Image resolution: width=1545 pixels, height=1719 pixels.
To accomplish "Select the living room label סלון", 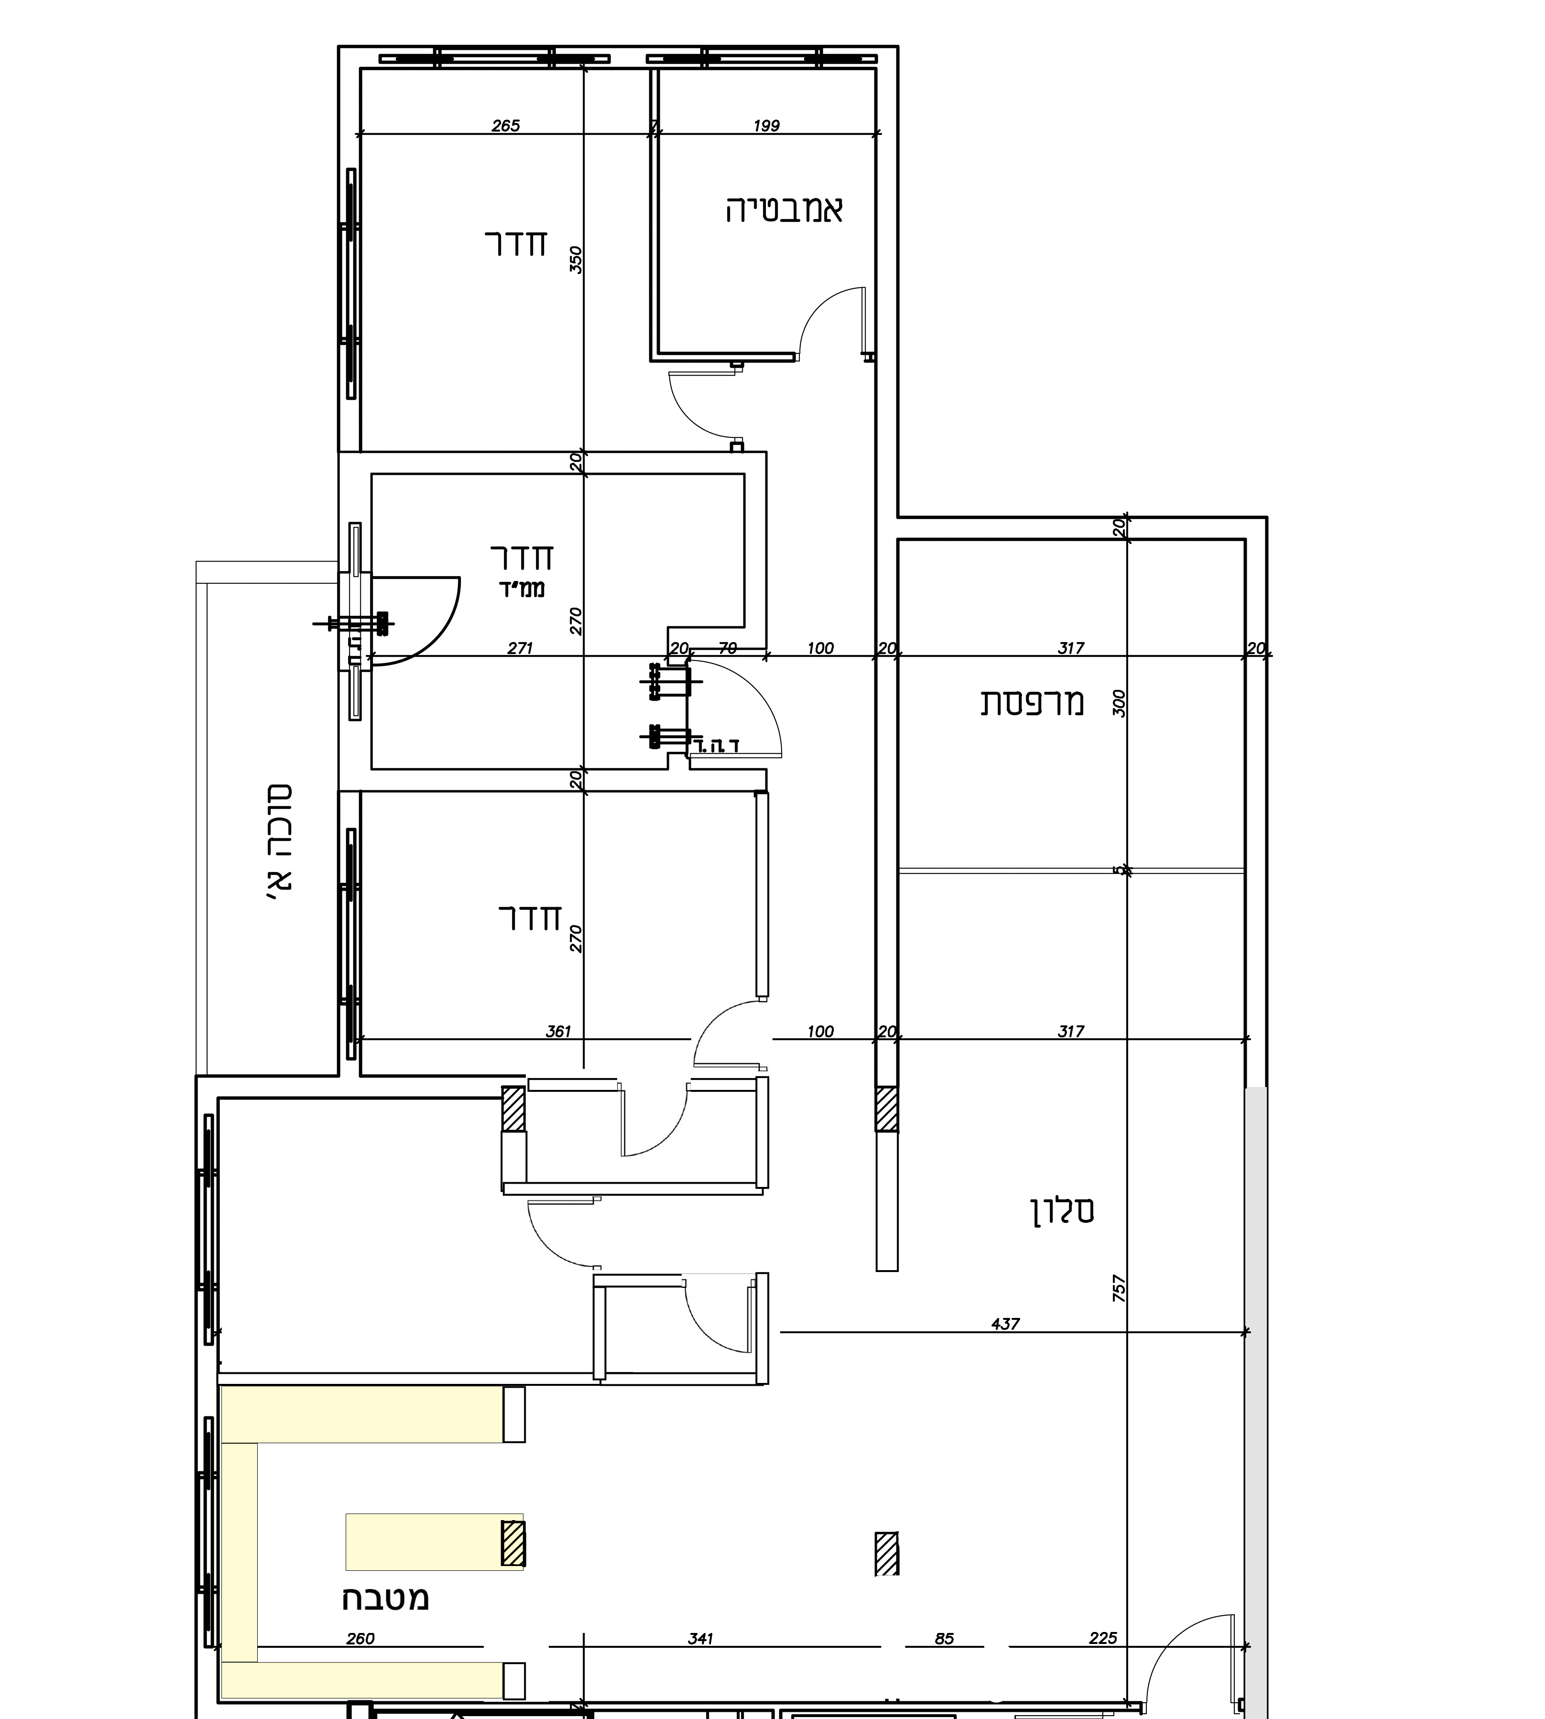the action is pos(1062,1210).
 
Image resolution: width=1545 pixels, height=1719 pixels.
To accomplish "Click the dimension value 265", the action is pos(505,126).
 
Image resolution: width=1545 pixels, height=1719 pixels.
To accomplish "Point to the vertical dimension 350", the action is pos(576,260).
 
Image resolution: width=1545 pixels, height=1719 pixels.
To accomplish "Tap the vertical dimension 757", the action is pos(1119,1289).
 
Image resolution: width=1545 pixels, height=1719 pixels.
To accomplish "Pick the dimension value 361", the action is pos(558,1032).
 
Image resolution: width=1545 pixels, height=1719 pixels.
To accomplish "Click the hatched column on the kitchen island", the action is pos(513,1543).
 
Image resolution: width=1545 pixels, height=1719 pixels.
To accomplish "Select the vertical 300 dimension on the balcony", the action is pos(1119,703).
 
